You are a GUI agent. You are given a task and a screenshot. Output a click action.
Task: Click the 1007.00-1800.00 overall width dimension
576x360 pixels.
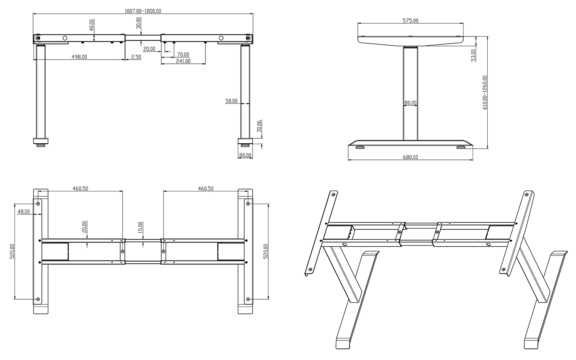click(x=142, y=11)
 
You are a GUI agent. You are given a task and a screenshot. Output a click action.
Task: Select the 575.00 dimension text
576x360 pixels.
click(x=410, y=20)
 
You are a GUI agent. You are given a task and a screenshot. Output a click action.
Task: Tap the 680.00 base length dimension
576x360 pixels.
click(x=410, y=157)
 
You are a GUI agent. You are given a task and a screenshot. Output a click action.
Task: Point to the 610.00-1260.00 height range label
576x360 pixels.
click(x=485, y=93)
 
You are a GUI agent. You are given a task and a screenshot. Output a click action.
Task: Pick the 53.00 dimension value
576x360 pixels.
click(x=473, y=55)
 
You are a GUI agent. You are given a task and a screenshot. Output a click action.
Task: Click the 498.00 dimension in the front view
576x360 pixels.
click(x=79, y=57)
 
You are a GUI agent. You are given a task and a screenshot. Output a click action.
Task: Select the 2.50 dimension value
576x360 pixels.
click(x=136, y=57)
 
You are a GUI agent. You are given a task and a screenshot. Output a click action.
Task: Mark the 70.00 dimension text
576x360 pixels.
click(x=183, y=55)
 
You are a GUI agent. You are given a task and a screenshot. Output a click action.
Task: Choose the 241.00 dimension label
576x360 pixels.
click(x=183, y=61)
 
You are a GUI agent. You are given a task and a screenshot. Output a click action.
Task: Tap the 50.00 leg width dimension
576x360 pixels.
click(x=231, y=101)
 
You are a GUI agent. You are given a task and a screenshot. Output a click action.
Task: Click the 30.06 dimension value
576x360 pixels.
click(x=259, y=126)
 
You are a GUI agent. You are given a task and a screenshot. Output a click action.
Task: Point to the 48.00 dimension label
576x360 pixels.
click(x=23, y=212)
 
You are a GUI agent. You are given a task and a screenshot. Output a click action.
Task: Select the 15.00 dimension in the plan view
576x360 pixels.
click(x=140, y=227)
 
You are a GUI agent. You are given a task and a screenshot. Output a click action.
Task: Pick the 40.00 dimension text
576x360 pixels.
click(x=91, y=25)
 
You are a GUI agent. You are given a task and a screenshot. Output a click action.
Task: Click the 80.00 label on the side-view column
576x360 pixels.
click(x=410, y=103)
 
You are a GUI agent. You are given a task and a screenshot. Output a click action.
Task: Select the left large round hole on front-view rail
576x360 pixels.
click(x=65, y=38)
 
